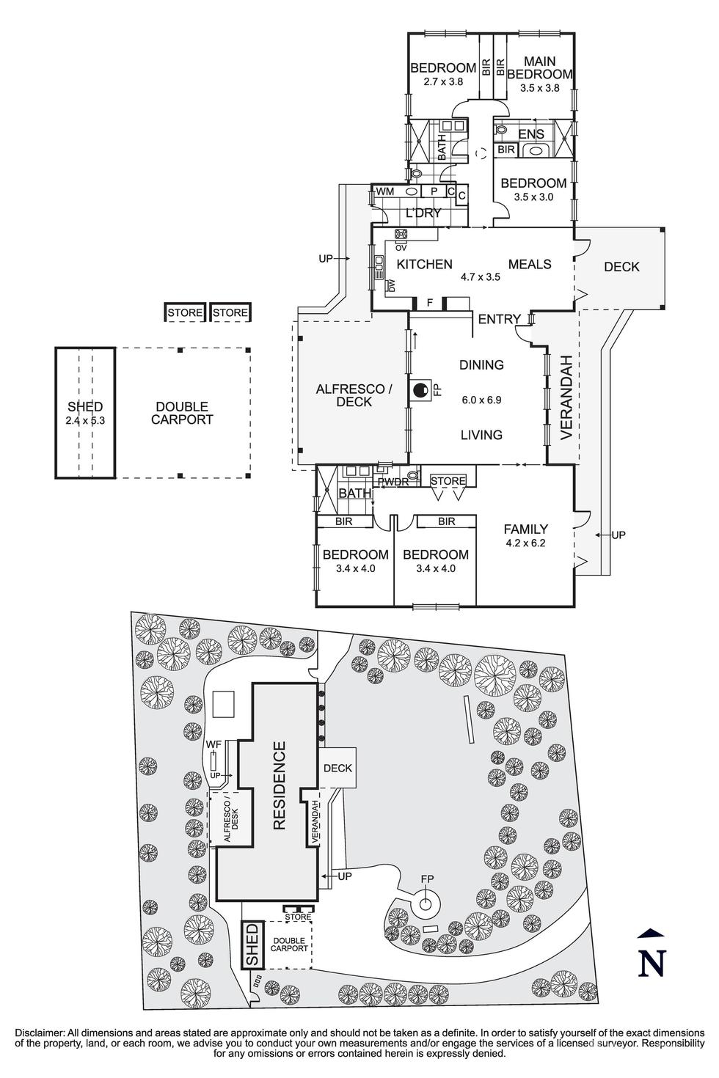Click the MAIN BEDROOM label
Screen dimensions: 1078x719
click(539, 67)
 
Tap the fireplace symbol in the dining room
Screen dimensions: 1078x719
click(421, 391)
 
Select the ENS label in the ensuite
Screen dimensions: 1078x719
click(531, 134)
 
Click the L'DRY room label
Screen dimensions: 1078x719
click(423, 213)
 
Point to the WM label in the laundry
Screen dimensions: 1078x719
click(385, 191)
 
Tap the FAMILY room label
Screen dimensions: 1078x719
click(525, 529)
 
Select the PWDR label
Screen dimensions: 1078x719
click(392, 482)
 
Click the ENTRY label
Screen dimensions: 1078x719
click(499, 319)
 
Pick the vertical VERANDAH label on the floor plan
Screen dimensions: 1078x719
click(566, 397)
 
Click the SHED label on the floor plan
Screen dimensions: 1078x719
click(85, 407)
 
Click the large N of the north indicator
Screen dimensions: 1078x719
click(652, 963)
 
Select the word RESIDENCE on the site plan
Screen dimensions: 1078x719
click(279, 785)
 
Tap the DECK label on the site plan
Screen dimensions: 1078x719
click(337, 769)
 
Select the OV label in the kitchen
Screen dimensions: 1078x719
click(401, 248)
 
